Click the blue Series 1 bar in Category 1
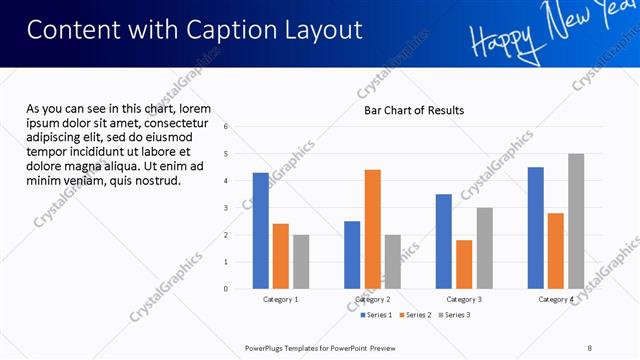pos(261,231)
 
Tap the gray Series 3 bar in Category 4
pos(575,221)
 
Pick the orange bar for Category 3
pos(464,264)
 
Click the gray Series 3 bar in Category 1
pos(301,262)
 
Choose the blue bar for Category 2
pos(352,255)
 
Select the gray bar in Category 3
pos(484,248)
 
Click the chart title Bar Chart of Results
pos(413,110)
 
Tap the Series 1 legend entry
pos(378,315)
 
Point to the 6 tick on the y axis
pos(226,127)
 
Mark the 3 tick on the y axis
pos(226,208)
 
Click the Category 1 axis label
pos(281,299)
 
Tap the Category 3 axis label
pos(464,299)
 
